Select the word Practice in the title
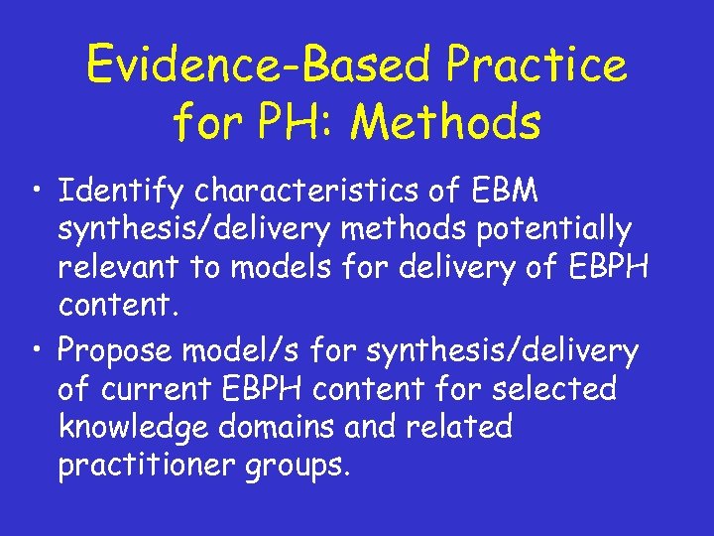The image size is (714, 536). [x=536, y=65]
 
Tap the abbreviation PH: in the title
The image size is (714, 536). [x=304, y=123]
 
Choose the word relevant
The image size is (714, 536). [x=119, y=267]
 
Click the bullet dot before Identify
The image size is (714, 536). [x=36, y=189]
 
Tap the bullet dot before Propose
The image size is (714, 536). [x=36, y=350]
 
